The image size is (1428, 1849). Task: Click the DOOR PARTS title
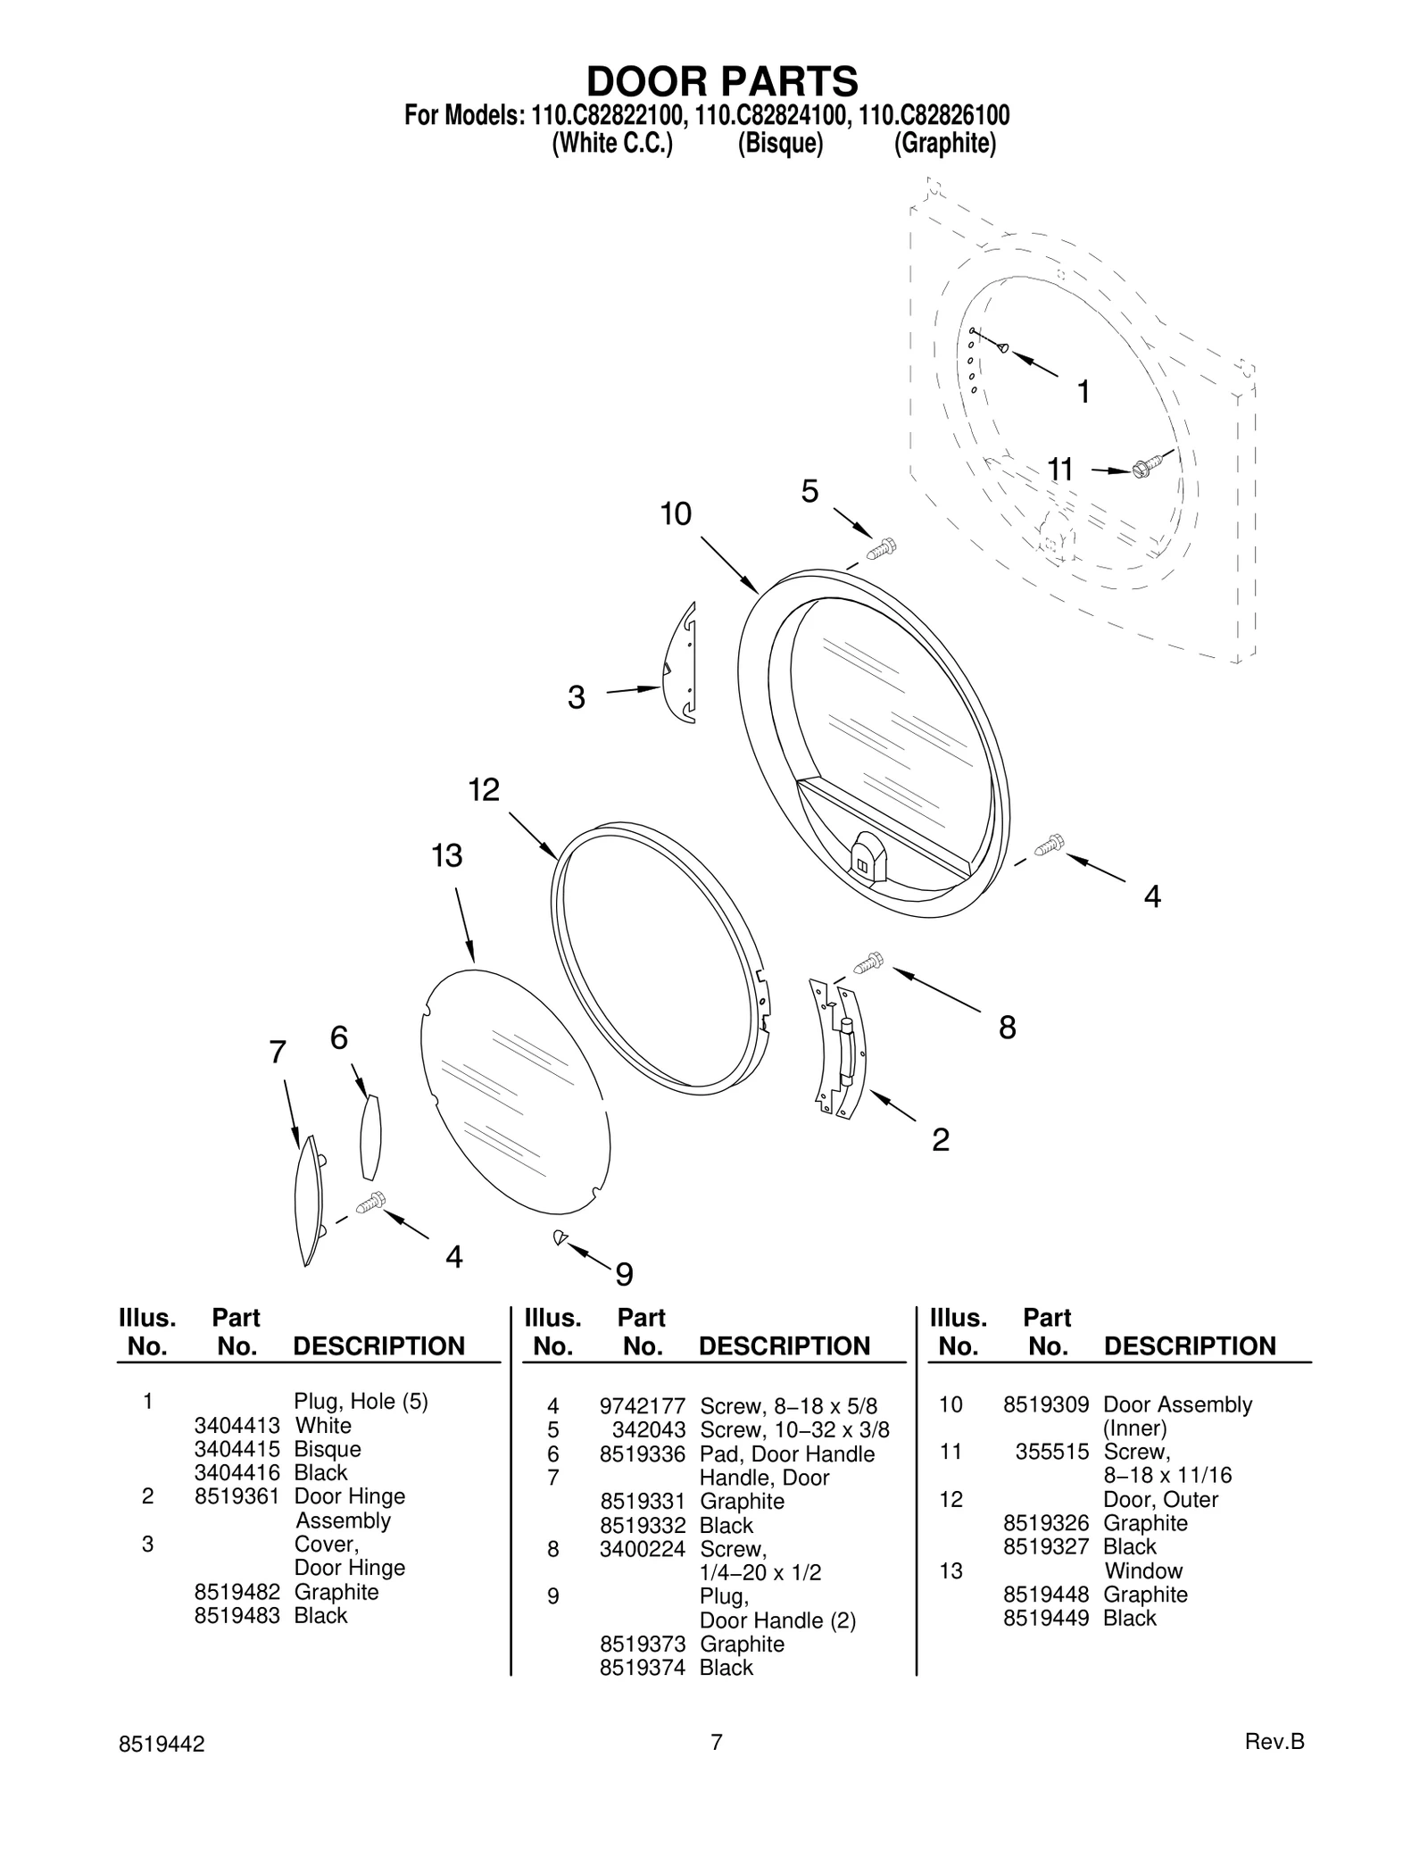click(x=721, y=81)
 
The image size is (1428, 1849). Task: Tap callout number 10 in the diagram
click(x=676, y=515)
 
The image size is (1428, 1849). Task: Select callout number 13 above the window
click(x=447, y=856)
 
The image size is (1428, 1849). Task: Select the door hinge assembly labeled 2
click(x=839, y=1049)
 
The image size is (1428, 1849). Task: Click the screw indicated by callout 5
click(x=882, y=548)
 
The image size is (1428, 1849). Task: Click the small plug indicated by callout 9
click(x=560, y=1237)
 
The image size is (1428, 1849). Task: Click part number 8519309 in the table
click(x=1045, y=1405)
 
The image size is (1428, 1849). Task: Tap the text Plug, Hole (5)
click(x=361, y=1402)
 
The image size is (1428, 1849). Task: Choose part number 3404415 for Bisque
click(x=237, y=1450)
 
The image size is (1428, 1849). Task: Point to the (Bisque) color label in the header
click(x=780, y=144)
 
